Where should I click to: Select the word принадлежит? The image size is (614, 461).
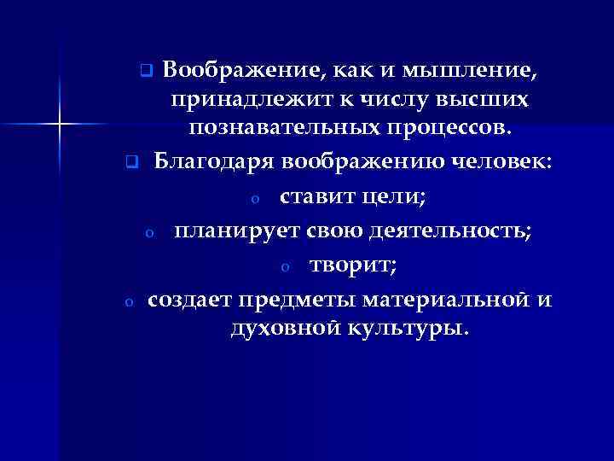click(x=246, y=100)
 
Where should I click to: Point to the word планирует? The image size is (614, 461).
click(x=231, y=230)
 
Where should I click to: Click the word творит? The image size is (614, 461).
click(x=353, y=266)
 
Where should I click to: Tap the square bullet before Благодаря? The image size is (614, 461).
click(x=130, y=161)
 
